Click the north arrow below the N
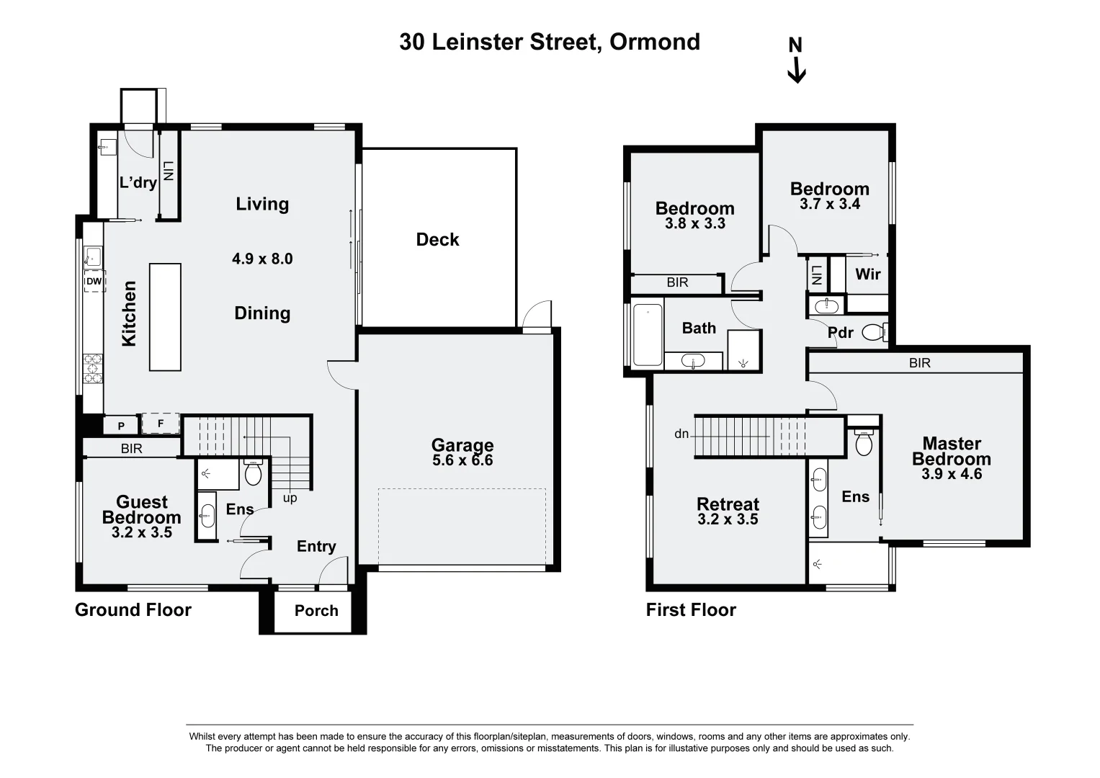pyautogui.click(x=796, y=71)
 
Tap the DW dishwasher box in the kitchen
pyautogui.click(x=94, y=281)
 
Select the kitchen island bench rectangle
pyautogui.click(x=165, y=317)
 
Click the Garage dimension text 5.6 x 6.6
pyautogui.click(x=462, y=460)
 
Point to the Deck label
pyautogui.click(x=437, y=239)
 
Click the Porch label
pyautogui.click(x=316, y=611)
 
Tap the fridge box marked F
pyautogui.click(x=160, y=424)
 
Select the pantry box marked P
pyautogui.click(x=121, y=426)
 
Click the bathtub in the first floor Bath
pyautogui.click(x=648, y=335)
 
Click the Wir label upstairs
pyautogui.click(x=868, y=274)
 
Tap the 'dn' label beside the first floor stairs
pyautogui.click(x=681, y=434)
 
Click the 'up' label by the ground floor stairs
pyautogui.click(x=290, y=498)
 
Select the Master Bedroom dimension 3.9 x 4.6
pyautogui.click(x=952, y=474)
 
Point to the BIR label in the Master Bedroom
pyautogui.click(x=919, y=363)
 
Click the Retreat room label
pyautogui.click(x=728, y=504)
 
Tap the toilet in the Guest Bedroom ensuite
pyautogui.click(x=253, y=473)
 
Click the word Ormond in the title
pyautogui.click(x=654, y=42)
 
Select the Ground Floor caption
pyautogui.click(x=133, y=610)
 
